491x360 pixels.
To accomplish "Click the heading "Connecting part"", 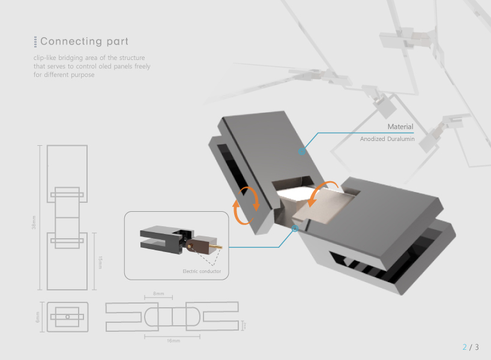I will [x=84, y=41].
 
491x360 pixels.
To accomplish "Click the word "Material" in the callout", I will [x=400, y=127].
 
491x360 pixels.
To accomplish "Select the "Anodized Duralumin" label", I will [x=387, y=139].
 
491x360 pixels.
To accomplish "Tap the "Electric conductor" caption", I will [x=202, y=272].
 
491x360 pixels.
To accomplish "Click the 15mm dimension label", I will [x=100, y=262].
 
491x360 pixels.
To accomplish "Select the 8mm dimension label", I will [x=158, y=294].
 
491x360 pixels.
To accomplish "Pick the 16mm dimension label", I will [x=173, y=341].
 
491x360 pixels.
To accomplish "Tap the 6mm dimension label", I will [x=37, y=316].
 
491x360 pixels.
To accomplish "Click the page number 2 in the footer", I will [x=464, y=347].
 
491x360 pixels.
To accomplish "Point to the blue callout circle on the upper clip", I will [x=302, y=152].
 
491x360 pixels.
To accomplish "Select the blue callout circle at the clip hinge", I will [x=295, y=229].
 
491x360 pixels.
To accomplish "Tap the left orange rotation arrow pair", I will [x=247, y=205].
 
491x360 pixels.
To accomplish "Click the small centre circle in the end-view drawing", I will [x=68, y=316].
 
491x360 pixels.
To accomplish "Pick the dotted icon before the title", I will [x=35, y=41].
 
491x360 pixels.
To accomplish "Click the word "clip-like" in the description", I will [x=45, y=58].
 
